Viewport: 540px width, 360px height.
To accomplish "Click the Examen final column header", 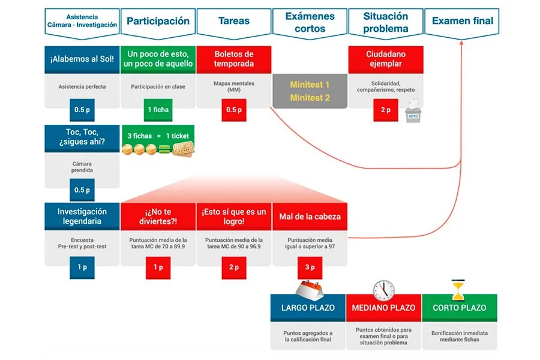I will (x=462, y=21).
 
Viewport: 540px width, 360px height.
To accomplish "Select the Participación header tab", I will (x=158, y=21).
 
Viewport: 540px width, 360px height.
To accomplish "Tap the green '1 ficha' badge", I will (x=158, y=110).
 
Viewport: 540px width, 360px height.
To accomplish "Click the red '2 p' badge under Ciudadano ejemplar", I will (x=385, y=110).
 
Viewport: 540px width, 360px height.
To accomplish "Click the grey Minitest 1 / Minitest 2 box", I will (x=310, y=91).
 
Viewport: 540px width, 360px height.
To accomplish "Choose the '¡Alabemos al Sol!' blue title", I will (x=82, y=59).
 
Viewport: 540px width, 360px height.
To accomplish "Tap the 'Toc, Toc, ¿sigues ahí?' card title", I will (x=82, y=138).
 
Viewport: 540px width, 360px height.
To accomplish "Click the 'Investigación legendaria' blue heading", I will (x=82, y=216).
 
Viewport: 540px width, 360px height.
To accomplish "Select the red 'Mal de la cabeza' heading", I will (x=310, y=216).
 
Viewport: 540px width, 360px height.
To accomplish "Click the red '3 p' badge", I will (x=310, y=267).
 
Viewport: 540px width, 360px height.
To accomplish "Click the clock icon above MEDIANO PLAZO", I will (x=383, y=290).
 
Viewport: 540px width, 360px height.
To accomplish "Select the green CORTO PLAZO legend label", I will (x=459, y=308).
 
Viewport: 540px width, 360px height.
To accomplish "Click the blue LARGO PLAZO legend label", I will (x=308, y=308).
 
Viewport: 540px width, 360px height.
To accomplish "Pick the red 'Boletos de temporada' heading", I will (x=234, y=59).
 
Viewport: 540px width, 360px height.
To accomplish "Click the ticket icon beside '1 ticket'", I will (x=184, y=149).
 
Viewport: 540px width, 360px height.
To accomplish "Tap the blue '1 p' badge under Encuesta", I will (x=82, y=267).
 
